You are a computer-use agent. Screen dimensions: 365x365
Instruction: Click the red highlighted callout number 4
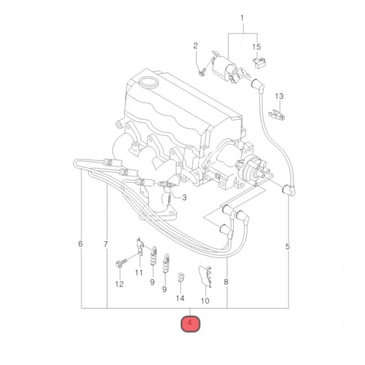click(190, 323)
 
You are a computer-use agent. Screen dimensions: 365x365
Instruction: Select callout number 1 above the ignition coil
click(242, 18)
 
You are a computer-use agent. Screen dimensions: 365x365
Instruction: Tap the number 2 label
click(195, 45)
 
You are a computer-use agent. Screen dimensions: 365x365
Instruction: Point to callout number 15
click(257, 47)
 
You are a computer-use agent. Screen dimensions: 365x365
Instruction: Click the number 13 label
click(279, 96)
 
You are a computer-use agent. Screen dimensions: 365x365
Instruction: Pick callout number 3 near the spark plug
click(184, 198)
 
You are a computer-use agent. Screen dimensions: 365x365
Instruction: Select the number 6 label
click(80, 244)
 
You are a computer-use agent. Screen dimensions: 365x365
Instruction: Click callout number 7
click(106, 244)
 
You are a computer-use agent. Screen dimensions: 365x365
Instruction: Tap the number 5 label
click(288, 247)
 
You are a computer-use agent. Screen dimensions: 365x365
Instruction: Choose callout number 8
click(226, 282)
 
